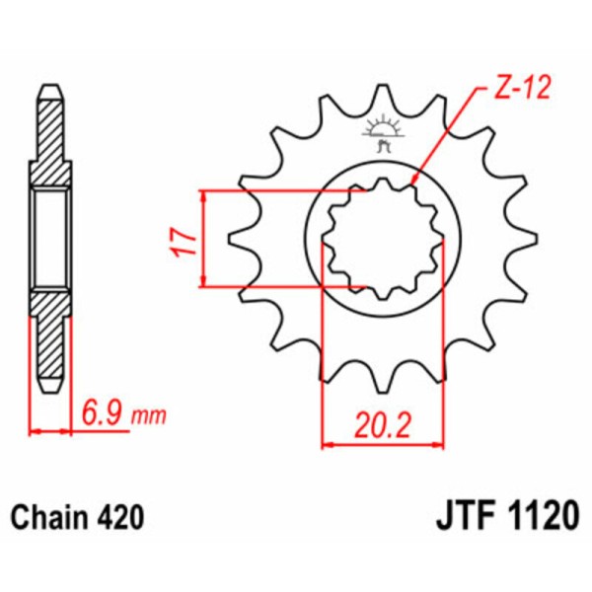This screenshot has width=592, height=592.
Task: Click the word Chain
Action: [x=49, y=517]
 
